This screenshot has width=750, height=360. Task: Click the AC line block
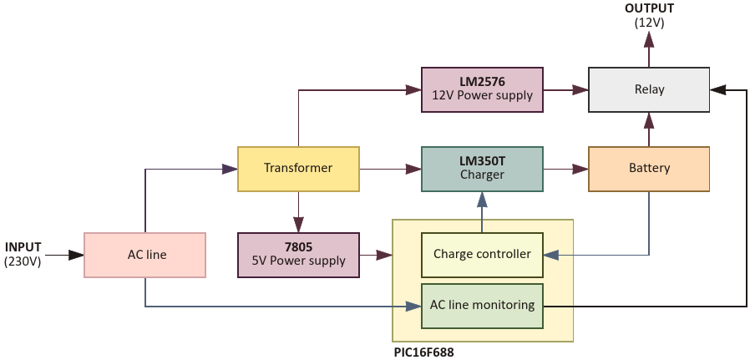[x=145, y=255]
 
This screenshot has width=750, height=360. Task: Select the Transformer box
[x=298, y=168]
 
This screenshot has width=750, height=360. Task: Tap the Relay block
[x=649, y=89]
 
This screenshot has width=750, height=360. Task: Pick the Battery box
[x=649, y=169]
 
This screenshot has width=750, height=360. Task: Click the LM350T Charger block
[x=482, y=169]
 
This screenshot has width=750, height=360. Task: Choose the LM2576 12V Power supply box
[x=482, y=89]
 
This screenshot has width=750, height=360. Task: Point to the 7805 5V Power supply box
[x=298, y=255]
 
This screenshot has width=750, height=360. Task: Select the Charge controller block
[x=482, y=254]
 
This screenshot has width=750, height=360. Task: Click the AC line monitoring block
[x=482, y=305]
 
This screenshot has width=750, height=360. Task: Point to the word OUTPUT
[x=649, y=8]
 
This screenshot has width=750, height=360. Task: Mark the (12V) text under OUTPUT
[x=649, y=23]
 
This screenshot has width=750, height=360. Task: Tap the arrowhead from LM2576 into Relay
[x=581, y=89]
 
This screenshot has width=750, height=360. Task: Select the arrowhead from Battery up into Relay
[x=649, y=119]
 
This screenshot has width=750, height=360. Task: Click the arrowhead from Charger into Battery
[x=581, y=169]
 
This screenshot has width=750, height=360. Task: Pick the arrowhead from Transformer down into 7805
[x=298, y=225]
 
